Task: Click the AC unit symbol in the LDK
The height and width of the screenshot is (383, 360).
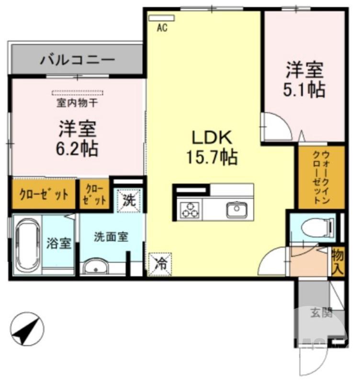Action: pos(161,18)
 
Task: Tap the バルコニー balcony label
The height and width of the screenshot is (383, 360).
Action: pos(77,60)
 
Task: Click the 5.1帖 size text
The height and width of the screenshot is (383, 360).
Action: pos(304,90)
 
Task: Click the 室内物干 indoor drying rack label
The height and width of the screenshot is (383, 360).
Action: pos(78,102)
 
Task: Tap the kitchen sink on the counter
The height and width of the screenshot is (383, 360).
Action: pos(236,209)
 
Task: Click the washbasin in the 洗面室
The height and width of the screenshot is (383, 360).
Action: pos(98,267)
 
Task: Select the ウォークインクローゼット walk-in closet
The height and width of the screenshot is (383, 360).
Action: pos(321,177)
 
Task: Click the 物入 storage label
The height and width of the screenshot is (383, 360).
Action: pos(337,262)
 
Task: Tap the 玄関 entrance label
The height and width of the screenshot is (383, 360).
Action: pos(321,314)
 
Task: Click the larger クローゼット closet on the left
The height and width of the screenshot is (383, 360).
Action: pos(44,194)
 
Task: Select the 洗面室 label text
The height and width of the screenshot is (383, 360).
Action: pos(111,237)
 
